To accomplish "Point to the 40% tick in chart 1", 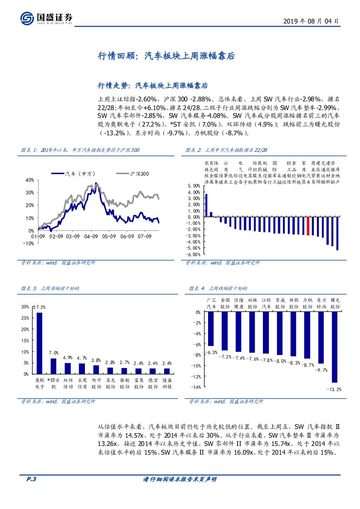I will click(30, 180).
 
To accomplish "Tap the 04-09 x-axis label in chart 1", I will click(91, 237).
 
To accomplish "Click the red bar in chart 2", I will click(308, 226).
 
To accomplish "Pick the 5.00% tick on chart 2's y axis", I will click(194, 186).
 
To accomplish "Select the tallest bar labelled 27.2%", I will click(40, 342).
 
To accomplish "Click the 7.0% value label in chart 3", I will click(54, 353).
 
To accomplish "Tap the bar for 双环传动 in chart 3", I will click(67, 368).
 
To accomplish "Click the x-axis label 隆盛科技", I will click(167, 383).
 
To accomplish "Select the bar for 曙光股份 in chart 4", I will click(334, 347).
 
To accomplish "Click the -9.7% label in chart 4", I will click(321, 370).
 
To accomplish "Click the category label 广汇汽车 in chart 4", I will click(211, 303).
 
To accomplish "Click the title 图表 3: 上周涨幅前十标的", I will click(50, 288).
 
